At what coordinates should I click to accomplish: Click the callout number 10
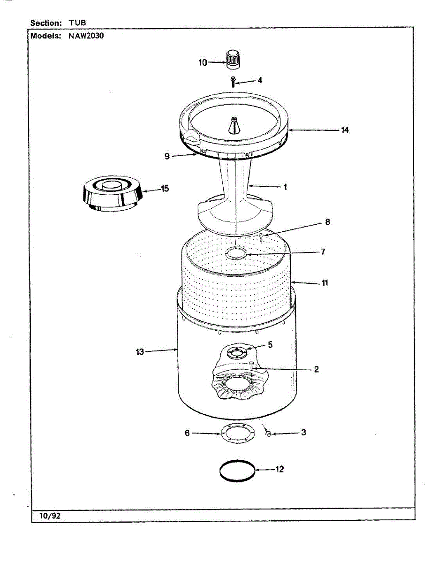[203, 62]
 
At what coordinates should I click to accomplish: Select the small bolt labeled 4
[233, 82]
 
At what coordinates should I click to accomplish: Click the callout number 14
[345, 130]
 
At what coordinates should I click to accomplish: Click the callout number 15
[165, 189]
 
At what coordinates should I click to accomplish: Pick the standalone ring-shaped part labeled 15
[113, 194]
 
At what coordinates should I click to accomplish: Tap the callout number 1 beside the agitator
[285, 187]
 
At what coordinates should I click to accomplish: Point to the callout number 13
[140, 351]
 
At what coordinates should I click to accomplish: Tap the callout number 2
[317, 370]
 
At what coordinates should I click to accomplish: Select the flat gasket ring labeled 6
[238, 434]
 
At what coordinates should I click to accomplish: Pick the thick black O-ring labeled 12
[238, 470]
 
